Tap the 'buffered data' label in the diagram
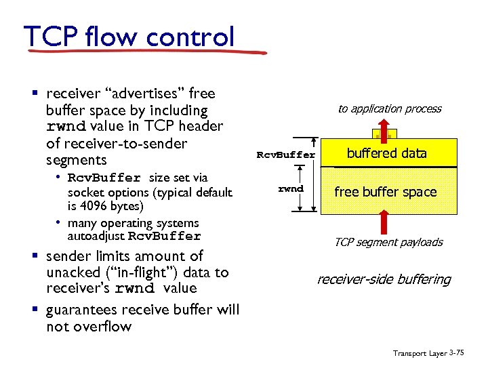click(x=386, y=153)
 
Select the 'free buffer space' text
click(x=385, y=192)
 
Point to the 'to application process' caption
click(x=390, y=108)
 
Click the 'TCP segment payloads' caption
click(x=388, y=242)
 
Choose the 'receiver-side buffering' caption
click(x=384, y=279)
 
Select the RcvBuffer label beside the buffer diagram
click(x=285, y=155)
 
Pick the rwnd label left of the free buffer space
click(x=291, y=188)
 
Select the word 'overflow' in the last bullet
click(x=104, y=327)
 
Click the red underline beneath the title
click(x=146, y=52)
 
